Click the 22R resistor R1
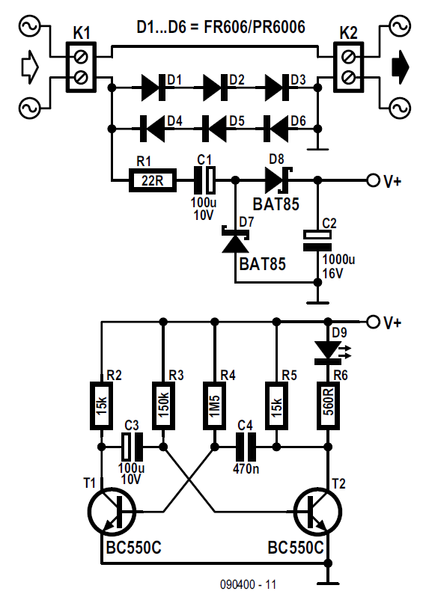(152, 180)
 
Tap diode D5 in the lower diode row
(214, 129)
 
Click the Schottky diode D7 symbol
(235, 239)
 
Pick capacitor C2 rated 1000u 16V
(318, 240)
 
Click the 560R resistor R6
(329, 406)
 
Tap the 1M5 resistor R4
(214, 406)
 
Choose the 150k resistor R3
(163, 406)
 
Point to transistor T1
(112, 511)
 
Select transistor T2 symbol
(318, 511)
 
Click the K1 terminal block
(81, 67)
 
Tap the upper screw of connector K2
(348, 58)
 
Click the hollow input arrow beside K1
(29, 67)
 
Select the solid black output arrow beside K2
(400, 67)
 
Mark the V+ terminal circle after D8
(373, 180)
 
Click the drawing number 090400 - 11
(248, 584)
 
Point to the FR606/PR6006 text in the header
(255, 26)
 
